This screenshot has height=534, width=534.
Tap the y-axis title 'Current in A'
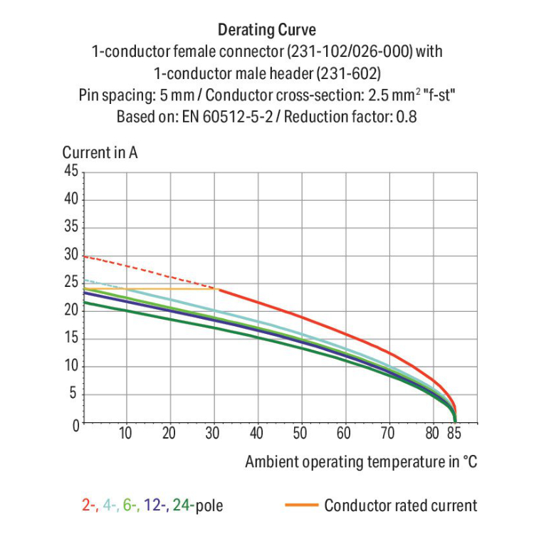(100, 152)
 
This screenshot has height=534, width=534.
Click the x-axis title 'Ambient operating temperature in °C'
(361, 461)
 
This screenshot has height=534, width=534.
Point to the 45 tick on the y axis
(70, 171)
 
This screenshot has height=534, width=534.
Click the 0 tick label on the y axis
(74, 424)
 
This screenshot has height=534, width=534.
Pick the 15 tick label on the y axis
(70, 339)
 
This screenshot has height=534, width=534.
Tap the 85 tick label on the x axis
(456, 433)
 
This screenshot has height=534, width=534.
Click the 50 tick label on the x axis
(300, 433)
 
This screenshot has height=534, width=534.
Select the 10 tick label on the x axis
(125, 433)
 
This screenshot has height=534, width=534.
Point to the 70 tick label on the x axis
(387, 433)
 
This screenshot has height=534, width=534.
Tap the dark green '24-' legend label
(184, 506)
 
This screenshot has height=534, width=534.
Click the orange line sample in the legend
(300, 506)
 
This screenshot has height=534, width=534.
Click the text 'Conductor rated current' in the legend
(400, 506)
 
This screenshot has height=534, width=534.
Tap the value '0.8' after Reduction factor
(405, 116)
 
